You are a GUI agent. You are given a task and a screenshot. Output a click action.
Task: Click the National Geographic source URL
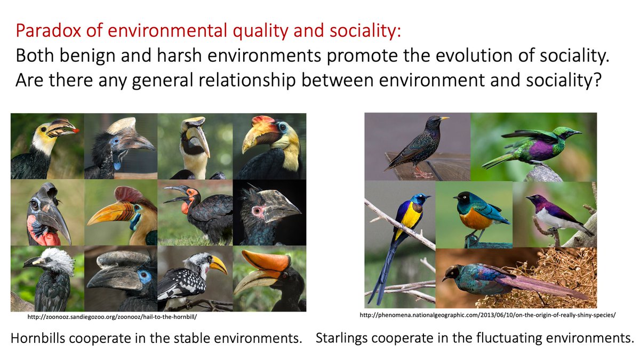(488, 315)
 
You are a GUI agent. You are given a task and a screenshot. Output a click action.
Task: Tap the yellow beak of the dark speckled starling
(444, 118)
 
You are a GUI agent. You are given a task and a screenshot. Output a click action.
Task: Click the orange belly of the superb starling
(474, 219)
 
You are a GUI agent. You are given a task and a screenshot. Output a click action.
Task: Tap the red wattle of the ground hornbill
(185, 207)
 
